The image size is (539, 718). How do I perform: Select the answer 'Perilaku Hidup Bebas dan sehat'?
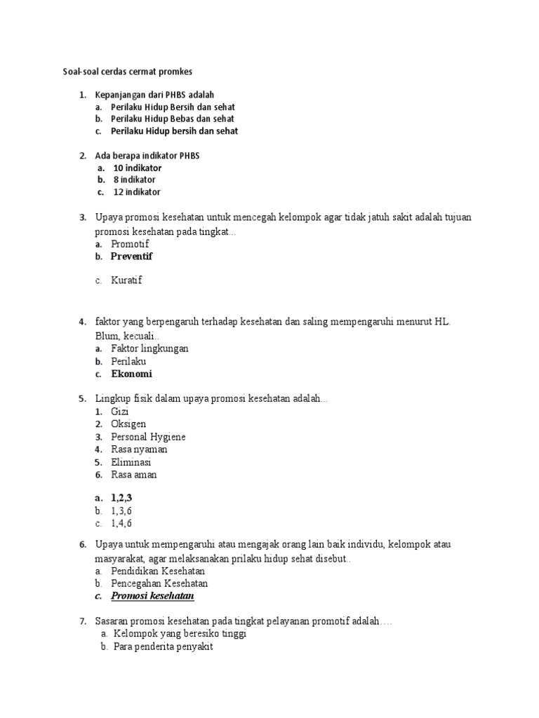[173, 119]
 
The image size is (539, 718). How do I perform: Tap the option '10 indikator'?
[137, 168]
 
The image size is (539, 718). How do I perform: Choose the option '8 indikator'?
[134, 180]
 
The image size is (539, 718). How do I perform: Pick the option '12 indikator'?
[137, 192]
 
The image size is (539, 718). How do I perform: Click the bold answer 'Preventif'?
[131, 257]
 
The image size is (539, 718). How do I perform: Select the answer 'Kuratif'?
[126, 280]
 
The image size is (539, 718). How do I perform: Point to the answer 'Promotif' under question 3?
[130, 244]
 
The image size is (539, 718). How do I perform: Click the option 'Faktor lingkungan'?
[149, 348]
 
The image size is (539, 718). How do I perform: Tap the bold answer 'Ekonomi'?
[131, 374]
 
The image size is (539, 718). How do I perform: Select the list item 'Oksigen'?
[128, 424]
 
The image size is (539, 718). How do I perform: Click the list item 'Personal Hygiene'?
[148, 437]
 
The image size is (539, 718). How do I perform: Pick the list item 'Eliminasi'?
[131, 462]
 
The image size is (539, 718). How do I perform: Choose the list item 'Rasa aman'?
[134, 475]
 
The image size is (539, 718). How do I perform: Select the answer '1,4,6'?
[121, 523]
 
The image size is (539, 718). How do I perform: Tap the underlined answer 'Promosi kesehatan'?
[152, 596]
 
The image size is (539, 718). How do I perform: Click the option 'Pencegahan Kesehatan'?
[159, 583]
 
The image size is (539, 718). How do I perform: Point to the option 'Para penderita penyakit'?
[162, 647]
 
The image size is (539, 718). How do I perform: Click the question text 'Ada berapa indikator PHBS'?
[147, 156]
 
